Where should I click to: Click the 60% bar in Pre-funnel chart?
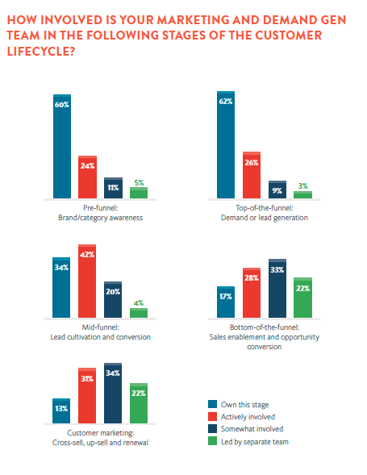coord(62,146)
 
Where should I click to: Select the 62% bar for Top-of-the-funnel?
coord(226,145)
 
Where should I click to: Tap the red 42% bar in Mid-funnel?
coord(87,281)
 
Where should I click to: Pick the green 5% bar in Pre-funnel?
coord(139,193)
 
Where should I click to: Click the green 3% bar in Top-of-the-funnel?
coord(302,195)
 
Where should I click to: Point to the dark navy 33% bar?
coord(277,289)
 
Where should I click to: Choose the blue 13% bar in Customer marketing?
coord(61,410)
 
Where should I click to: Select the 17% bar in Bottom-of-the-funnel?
coord(226,302)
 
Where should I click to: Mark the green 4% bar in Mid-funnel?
coord(139,313)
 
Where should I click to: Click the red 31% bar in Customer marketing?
coord(87,396)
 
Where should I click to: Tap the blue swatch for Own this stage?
coord(212,404)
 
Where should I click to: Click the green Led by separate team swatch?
coord(212,441)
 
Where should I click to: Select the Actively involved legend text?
coord(248,417)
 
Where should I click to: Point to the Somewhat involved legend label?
coord(252,429)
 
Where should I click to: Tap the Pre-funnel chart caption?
coord(100,213)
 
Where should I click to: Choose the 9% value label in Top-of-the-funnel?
coord(277,190)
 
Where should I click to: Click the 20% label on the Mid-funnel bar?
coord(113,292)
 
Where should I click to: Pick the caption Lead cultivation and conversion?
coord(100,337)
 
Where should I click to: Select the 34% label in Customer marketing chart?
coord(113,373)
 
